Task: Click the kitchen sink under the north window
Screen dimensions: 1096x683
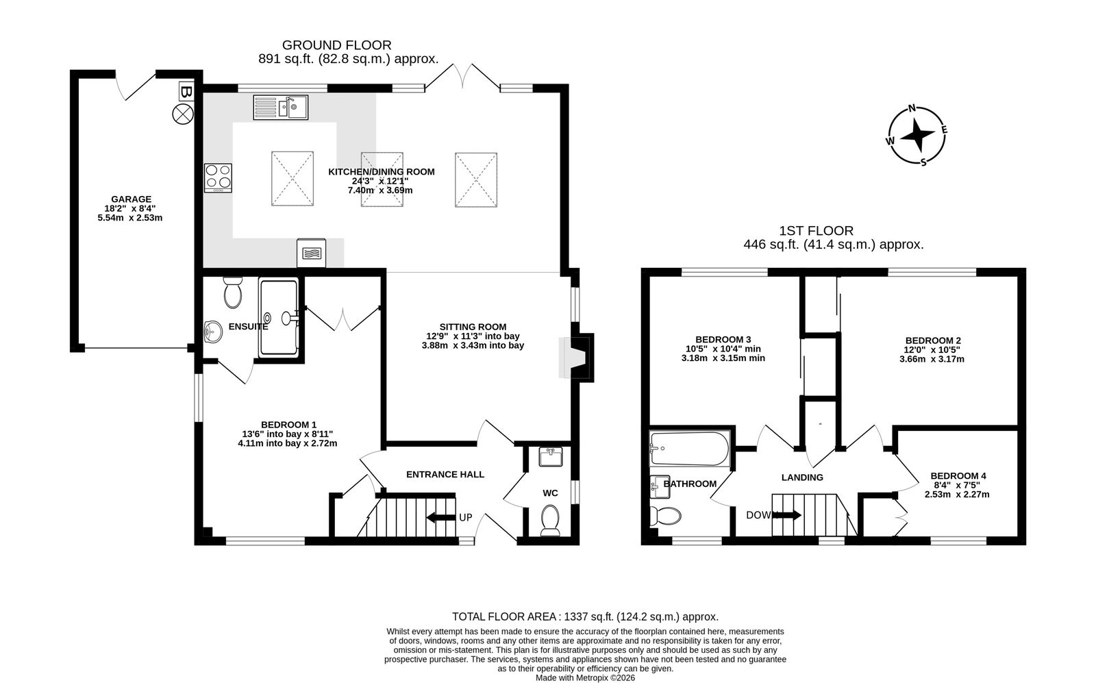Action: coord(280,107)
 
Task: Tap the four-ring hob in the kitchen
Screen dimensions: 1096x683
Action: coord(219,177)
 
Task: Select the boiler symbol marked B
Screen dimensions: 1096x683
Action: coord(186,91)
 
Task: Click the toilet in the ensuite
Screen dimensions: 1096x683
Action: coord(232,292)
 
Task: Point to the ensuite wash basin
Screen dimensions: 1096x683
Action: coord(212,332)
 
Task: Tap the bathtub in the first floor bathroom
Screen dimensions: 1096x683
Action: coord(689,448)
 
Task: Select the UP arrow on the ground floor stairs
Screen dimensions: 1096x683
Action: coord(441,517)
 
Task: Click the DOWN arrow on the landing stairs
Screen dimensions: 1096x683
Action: coord(787,514)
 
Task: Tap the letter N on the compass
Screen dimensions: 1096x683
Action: coord(912,108)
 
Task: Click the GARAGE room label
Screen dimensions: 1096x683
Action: coord(131,199)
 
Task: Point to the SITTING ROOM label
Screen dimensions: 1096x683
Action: coord(473,327)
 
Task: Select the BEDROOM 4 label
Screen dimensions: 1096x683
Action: coord(958,475)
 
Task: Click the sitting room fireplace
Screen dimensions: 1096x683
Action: coord(576,357)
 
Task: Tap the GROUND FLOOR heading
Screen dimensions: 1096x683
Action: coord(336,45)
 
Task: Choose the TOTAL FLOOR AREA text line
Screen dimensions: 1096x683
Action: coord(585,617)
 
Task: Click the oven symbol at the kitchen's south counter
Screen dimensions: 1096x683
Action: coord(311,253)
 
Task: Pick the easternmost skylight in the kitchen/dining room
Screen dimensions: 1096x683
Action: coord(476,179)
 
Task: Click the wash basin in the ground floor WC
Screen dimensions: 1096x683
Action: coord(551,456)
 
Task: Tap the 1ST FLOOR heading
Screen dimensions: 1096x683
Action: coord(816,230)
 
